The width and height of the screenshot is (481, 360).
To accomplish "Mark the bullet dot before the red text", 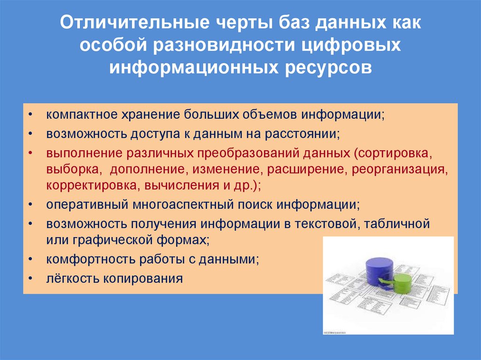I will (x=30, y=153).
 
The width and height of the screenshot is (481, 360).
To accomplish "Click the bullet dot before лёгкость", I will (x=30, y=279).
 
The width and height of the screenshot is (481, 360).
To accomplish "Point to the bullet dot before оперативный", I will (x=30, y=205).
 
